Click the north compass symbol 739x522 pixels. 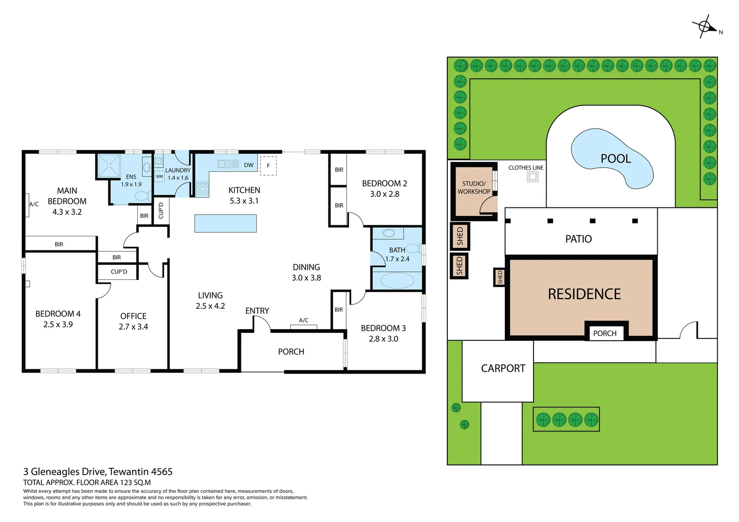coord(705,27)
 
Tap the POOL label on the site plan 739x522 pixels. coord(615,159)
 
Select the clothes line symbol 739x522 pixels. coord(532,177)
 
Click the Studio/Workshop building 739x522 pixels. coord(474,191)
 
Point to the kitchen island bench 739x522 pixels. coord(225,223)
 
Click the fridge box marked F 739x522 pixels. coord(268,166)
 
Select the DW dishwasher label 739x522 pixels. coord(249,165)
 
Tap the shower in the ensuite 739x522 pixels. coord(109,166)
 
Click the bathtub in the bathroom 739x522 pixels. coord(397,280)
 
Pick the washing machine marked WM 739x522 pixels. coord(160,176)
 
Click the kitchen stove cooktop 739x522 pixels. coord(202,189)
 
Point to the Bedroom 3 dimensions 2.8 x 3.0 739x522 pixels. coord(383,339)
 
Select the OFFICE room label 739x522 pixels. coord(133,316)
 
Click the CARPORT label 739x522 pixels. coord(503,368)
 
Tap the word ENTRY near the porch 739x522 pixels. coord(257,311)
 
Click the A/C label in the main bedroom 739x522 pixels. coord(34,204)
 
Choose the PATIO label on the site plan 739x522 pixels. coord(578,239)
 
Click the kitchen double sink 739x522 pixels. coord(228,164)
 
